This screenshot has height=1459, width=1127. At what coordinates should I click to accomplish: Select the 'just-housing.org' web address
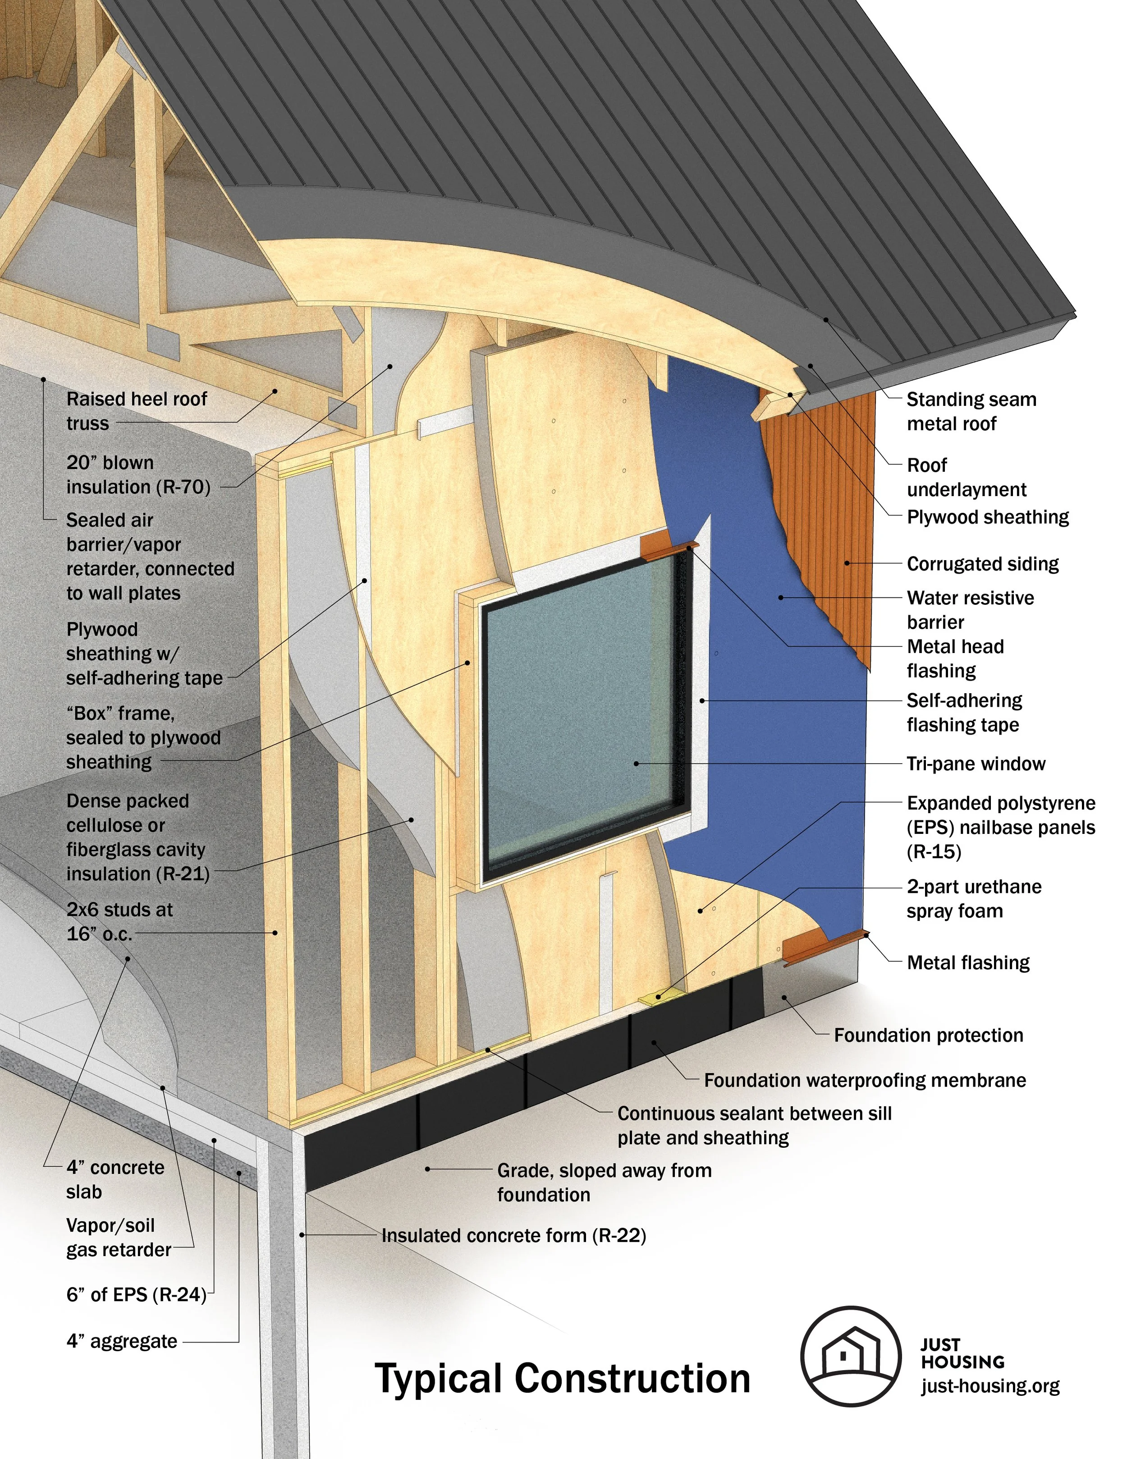click(x=990, y=1385)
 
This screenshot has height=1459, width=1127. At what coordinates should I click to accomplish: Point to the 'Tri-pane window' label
click(x=976, y=764)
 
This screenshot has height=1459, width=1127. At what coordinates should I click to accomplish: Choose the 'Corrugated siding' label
click(x=982, y=564)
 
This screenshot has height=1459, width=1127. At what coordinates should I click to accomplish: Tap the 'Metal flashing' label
click(x=968, y=962)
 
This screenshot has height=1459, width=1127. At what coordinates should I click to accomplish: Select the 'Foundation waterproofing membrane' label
click(x=865, y=1080)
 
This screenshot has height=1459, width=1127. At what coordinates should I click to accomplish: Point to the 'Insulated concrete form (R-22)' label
click(x=513, y=1236)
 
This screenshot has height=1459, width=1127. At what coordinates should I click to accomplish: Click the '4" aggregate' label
click(x=122, y=1341)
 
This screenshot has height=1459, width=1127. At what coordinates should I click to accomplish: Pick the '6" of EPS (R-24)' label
click(x=136, y=1295)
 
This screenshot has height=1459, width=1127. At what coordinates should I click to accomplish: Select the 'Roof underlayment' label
click(x=966, y=477)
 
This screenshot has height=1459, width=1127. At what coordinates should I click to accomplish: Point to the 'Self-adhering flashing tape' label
click(x=964, y=712)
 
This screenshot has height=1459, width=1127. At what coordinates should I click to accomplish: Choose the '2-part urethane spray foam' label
click(x=973, y=898)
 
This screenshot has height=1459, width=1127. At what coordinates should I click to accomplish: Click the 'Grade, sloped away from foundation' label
click(x=604, y=1183)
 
